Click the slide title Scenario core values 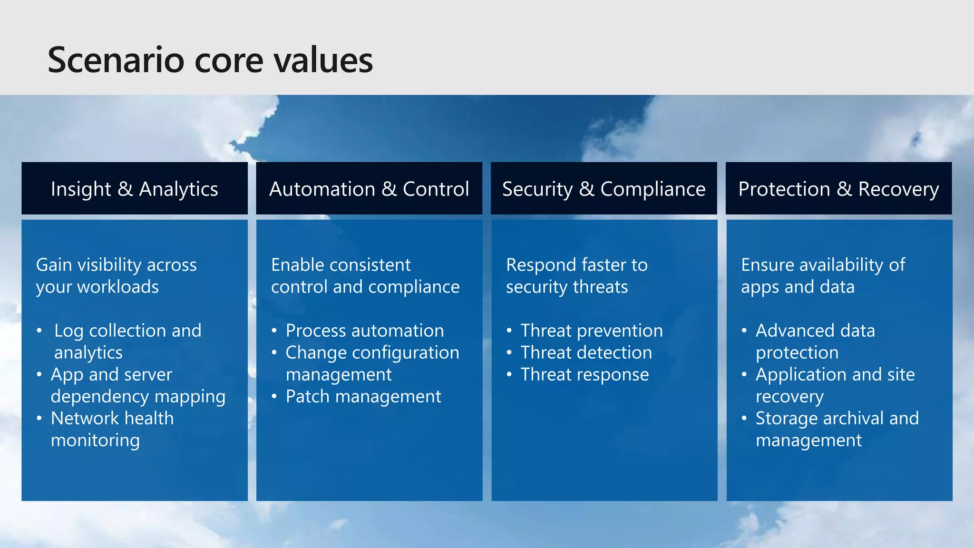point(210,60)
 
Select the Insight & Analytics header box point(135,188)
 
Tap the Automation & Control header point(369,188)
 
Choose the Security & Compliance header point(604,188)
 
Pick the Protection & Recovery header point(838,188)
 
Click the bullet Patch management point(363,396)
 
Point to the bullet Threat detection point(586,352)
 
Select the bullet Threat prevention point(591,331)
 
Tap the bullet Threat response point(584,374)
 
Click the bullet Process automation point(365,331)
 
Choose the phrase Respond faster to point(576,265)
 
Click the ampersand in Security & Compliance point(586,189)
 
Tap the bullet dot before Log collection point(39,331)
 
